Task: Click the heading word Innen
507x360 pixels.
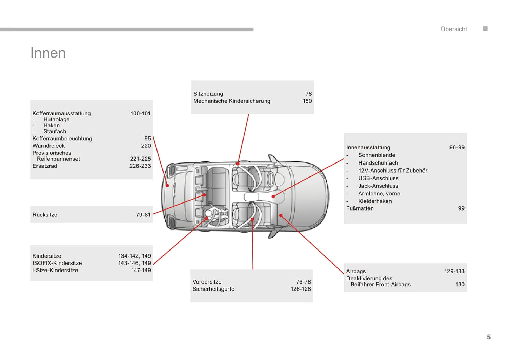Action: coord(48,53)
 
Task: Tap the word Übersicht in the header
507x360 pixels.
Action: coord(454,29)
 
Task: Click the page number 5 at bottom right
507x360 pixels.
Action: coord(488,337)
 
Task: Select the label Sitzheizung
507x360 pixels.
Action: coord(208,94)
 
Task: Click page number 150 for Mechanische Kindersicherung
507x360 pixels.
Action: coord(307,101)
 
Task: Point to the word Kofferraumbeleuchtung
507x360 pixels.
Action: coord(62,139)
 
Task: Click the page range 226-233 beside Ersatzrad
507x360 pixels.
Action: coord(140,166)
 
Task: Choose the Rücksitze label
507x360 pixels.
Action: coord(45,215)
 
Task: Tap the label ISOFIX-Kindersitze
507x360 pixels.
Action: coord(57,263)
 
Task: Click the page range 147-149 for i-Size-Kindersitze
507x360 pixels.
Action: coord(141,270)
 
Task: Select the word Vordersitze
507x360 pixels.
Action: coord(207,282)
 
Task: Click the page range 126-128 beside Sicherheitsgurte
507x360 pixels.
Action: coord(301,289)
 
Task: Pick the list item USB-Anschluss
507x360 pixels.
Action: coord(378,178)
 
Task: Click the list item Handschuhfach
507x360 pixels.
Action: coord(378,163)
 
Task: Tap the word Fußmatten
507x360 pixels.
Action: coord(360,208)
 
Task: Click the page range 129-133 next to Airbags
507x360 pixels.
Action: coord(454,271)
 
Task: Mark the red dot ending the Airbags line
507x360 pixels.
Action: coord(281,215)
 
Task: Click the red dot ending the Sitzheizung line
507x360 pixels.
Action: coord(238,164)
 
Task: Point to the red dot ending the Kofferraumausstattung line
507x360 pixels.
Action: coord(167,185)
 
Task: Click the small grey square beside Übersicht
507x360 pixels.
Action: coord(485,28)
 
